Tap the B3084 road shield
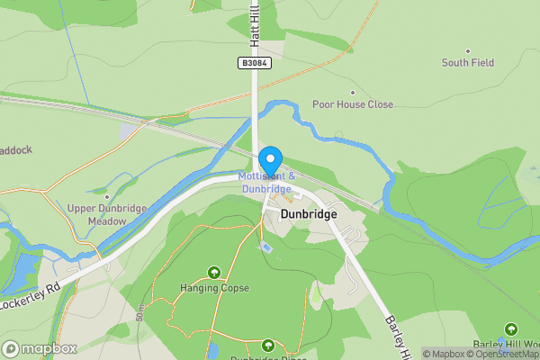pyautogui.click(x=255, y=62)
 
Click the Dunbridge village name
pyautogui.click(x=309, y=215)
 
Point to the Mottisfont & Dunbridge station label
pyautogui.click(x=265, y=183)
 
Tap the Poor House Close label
pyautogui.click(x=353, y=104)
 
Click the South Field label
pyautogui.click(x=468, y=63)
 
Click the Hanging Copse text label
pyautogui.click(x=214, y=288)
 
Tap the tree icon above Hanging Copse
pyautogui.click(x=214, y=272)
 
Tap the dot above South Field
pyautogui.click(x=468, y=50)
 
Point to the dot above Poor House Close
pyautogui.click(x=352, y=92)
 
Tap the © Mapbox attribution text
pyautogui.click(x=443, y=354)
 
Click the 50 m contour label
pyautogui.click(x=140, y=313)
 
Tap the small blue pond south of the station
pyautogui.click(x=265, y=247)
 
